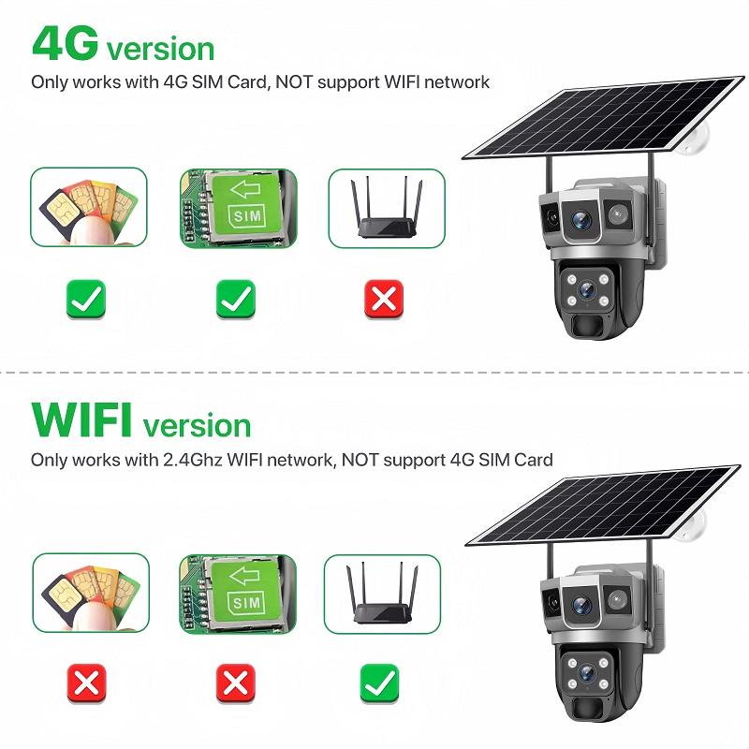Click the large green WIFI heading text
click(81, 420)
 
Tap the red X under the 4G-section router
click(383, 300)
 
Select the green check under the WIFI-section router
click(380, 684)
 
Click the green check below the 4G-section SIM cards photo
click(85, 300)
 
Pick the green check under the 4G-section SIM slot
click(235, 300)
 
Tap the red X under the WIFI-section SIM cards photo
click(87, 684)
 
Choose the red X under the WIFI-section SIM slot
click(235, 684)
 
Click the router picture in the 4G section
click(386, 208)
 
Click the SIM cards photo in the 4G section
click(89, 208)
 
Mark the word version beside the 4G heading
click(160, 48)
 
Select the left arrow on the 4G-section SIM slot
click(245, 192)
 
